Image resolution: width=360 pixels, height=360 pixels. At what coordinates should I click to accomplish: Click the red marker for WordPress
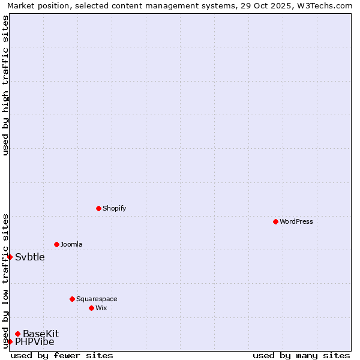(x=275, y=221)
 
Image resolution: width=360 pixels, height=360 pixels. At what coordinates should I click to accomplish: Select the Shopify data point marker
(x=98, y=208)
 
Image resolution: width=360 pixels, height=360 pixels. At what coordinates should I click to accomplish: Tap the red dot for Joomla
(x=56, y=244)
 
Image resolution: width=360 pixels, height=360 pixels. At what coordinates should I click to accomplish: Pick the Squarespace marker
(x=72, y=299)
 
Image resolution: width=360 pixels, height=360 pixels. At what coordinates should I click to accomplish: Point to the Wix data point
(x=91, y=308)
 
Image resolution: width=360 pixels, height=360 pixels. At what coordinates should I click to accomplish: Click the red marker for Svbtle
(x=10, y=257)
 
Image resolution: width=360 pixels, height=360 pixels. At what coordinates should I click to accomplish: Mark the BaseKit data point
(x=18, y=334)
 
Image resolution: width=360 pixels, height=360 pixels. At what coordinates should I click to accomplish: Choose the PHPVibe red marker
(x=10, y=341)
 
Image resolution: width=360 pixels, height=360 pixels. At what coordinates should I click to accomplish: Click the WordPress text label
(x=296, y=221)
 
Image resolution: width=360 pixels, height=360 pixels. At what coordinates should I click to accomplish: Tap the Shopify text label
(x=115, y=208)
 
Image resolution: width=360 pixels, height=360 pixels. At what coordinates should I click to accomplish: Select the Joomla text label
(x=71, y=244)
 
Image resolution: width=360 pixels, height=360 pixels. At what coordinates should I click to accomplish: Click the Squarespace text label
(x=97, y=299)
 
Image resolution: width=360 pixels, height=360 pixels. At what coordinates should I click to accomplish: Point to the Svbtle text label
(x=30, y=257)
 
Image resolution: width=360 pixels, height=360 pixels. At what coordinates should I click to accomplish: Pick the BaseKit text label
(x=41, y=334)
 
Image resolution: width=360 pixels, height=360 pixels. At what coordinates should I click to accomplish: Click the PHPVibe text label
(x=35, y=342)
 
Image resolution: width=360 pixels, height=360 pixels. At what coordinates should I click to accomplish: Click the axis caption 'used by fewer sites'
(x=62, y=355)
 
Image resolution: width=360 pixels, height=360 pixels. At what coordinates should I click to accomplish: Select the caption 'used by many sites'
(x=301, y=355)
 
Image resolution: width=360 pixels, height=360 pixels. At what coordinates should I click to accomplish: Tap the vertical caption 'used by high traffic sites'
(x=5, y=85)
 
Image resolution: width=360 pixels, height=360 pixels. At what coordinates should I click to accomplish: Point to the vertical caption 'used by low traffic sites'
(x=5, y=281)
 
